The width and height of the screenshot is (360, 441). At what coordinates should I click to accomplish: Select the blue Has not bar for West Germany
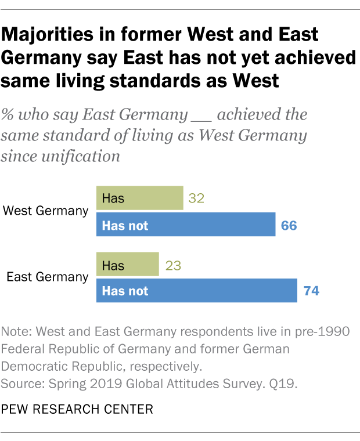pyautogui.click(x=185, y=225)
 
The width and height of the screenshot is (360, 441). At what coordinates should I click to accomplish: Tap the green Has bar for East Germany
pyautogui.click(x=127, y=265)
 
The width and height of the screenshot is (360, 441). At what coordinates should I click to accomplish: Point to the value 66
pyautogui.click(x=289, y=225)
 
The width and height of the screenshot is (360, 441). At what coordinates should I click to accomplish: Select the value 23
pyautogui.click(x=174, y=265)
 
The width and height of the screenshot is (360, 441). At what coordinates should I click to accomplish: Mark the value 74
pyautogui.click(x=312, y=291)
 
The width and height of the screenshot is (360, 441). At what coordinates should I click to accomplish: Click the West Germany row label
pyautogui.click(x=45, y=211)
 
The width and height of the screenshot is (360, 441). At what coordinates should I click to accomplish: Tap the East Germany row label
pyautogui.click(x=47, y=277)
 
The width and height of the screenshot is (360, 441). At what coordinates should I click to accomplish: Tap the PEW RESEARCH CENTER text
pyautogui.click(x=78, y=410)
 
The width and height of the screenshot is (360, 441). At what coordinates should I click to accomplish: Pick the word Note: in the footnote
pyautogui.click(x=17, y=331)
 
